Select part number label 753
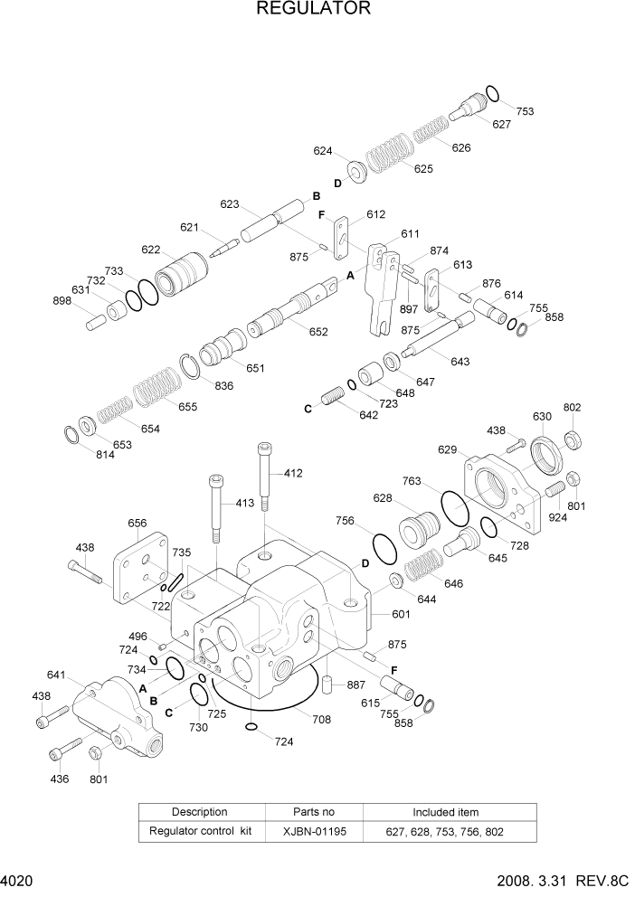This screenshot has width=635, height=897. pyautogui.click(x=526, y=111)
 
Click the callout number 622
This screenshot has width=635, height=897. pyautogui.click(x=150, y=250)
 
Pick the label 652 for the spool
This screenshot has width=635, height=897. pyautogui.click(x=318, y=332)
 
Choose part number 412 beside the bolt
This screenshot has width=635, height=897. pyautogui.click(x=293, y=473)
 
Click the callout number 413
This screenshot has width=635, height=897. pyautogui.click(x=246, y=504)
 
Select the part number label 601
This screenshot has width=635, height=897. pyautogui.click(x=402, y=615)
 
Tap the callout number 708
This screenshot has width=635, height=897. pyautogui.click(x=321, y=720)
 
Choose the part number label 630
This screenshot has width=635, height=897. pyautogui.click(x=542, y=417)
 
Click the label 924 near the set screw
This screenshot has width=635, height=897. pyautogui.click(x=558, y=519)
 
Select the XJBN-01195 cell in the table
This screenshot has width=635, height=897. pyautogui.click(x=314, y=831)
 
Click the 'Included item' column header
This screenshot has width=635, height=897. pyautogui.click(x=446, y=812)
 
